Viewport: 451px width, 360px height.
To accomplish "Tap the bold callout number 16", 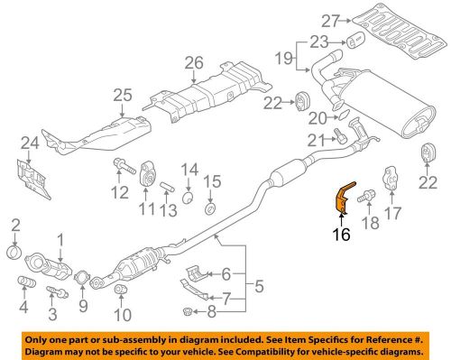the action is coord(342,234).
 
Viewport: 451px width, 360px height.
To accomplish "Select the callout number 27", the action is coord(331,21).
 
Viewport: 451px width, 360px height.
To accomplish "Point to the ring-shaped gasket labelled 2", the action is coord(14,252).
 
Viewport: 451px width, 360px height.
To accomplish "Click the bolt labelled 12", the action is coord(124,166).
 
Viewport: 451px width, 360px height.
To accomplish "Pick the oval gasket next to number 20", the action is coord(344,115).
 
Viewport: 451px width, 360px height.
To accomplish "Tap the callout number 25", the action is coord(123,95).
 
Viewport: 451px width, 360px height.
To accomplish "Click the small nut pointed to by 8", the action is coord(188,311).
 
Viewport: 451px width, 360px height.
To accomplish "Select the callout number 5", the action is coord(259,286).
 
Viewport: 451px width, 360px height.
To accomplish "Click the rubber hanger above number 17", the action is coord(392,178).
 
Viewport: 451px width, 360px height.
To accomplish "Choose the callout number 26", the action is coord(194,63).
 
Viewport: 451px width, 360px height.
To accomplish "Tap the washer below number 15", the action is coord(210,208).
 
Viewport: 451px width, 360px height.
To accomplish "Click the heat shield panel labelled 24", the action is coord(33,179).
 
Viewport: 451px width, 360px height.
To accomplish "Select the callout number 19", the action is coord(284,58).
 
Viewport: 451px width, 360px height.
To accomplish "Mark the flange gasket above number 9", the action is coord(82,278).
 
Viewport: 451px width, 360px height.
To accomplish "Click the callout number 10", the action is coord(123,315).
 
